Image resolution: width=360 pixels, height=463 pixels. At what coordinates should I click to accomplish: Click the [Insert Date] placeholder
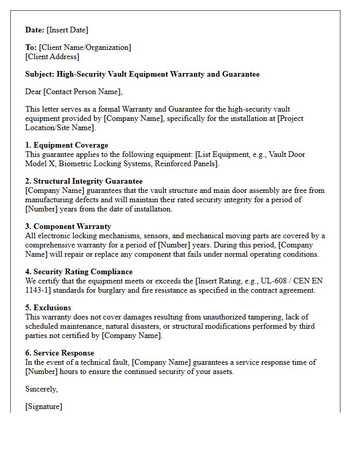click(x=67, y=30)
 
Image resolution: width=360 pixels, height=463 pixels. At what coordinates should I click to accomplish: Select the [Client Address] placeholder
click(x=52, y=57)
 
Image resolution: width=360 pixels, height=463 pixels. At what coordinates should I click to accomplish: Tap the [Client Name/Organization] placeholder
click(x=85, y=47)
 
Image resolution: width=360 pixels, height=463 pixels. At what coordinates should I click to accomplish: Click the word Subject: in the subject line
click(x=40, y=74)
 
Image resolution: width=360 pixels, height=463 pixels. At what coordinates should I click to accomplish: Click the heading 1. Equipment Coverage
click(x=67, y=145)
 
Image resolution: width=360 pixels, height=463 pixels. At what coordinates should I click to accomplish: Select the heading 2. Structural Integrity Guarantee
click(x=84, y=181)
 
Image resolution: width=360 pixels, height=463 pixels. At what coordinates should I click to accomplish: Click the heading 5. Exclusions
click(x=48, y=308)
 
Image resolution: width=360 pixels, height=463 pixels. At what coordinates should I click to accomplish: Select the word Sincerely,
click(x=42, y=389)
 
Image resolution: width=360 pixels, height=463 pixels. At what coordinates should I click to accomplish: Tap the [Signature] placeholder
click(x=44, y=406)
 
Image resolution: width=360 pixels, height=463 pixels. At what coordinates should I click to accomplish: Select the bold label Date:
click(x=35, y=30)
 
